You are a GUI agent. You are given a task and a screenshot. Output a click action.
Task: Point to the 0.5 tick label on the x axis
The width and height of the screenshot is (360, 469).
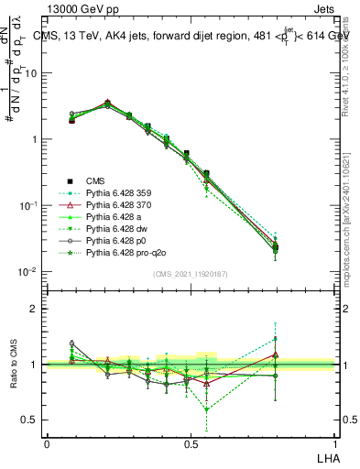(x=190, y=442)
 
